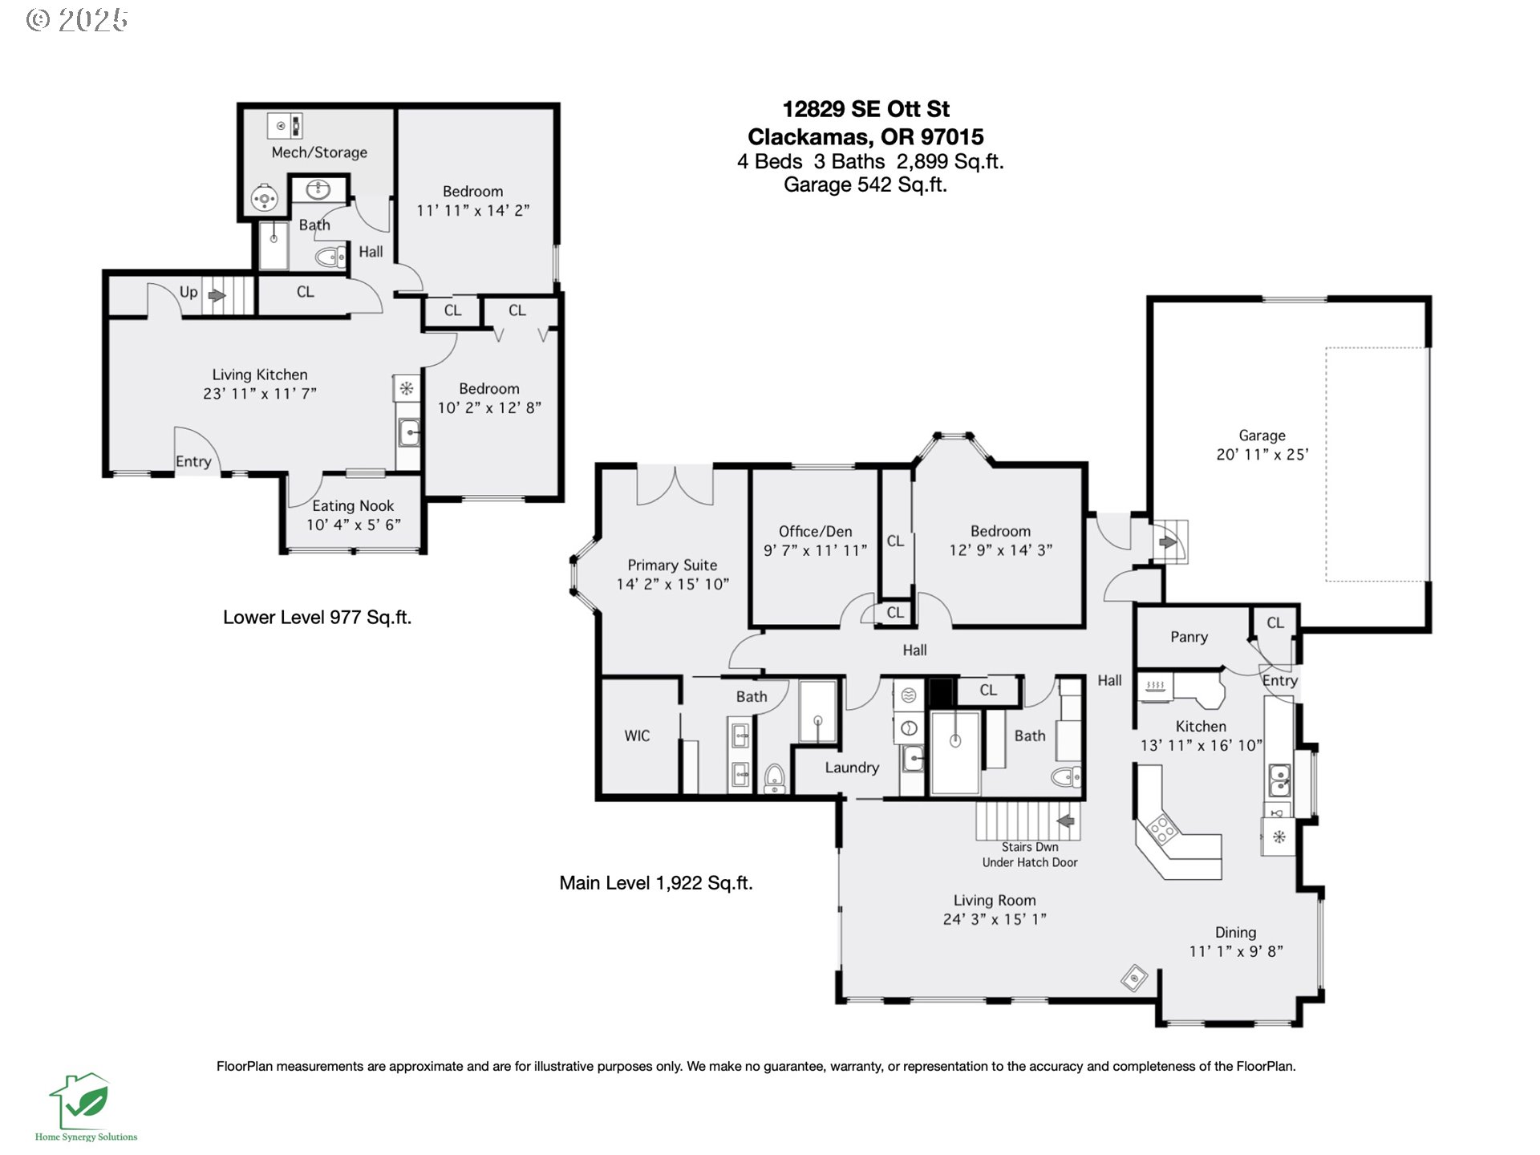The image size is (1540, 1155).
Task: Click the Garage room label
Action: [1262, 436]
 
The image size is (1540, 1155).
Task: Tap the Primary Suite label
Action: [672, 565]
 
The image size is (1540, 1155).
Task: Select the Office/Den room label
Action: [815, 531]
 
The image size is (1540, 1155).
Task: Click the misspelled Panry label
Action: [1189, 637]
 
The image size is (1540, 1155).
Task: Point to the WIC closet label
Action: [637, 736]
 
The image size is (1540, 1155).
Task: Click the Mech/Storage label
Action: [319, 152]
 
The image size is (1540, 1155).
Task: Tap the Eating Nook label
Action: [353, 506]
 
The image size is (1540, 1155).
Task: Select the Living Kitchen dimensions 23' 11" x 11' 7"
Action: [260, 394]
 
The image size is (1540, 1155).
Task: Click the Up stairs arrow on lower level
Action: [217, 296]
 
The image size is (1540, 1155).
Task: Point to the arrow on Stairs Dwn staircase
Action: [1066, 821]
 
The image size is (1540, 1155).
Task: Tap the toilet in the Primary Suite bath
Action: [774, 777]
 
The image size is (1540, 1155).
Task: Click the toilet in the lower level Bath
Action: [330, 257]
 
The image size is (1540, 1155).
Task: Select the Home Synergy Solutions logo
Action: [83, 1107]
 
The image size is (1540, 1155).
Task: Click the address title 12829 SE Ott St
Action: [866, 109]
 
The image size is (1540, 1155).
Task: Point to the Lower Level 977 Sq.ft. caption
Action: [317, 618]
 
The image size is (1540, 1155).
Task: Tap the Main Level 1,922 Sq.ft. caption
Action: [656, 883]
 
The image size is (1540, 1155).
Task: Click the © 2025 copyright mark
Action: [77, 20]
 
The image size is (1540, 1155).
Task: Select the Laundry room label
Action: [852, 768]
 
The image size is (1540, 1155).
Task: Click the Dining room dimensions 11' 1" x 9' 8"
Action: [1236, 951]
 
